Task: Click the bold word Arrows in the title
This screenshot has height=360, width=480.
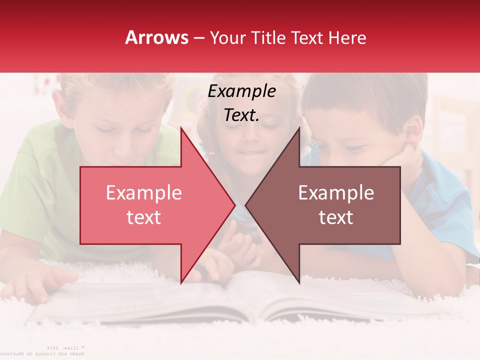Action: (156, 37)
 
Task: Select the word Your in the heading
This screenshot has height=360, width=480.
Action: (228, 37)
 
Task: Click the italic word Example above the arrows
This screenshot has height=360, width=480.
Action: (241, 91)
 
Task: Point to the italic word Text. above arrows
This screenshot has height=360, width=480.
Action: (241, 115)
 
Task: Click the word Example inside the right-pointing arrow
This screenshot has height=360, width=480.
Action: (143, 193)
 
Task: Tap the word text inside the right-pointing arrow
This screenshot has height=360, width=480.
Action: (143, 217)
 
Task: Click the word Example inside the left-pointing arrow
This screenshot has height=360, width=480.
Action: (336, 193)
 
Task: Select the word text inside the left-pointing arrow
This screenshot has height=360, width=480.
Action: (336, 217)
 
